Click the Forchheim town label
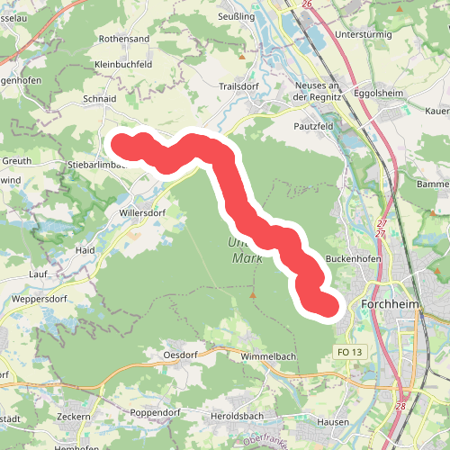coord(391,305)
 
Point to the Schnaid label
coord(100,98)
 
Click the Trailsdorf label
coord(238,86)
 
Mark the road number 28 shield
coord(400,407)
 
